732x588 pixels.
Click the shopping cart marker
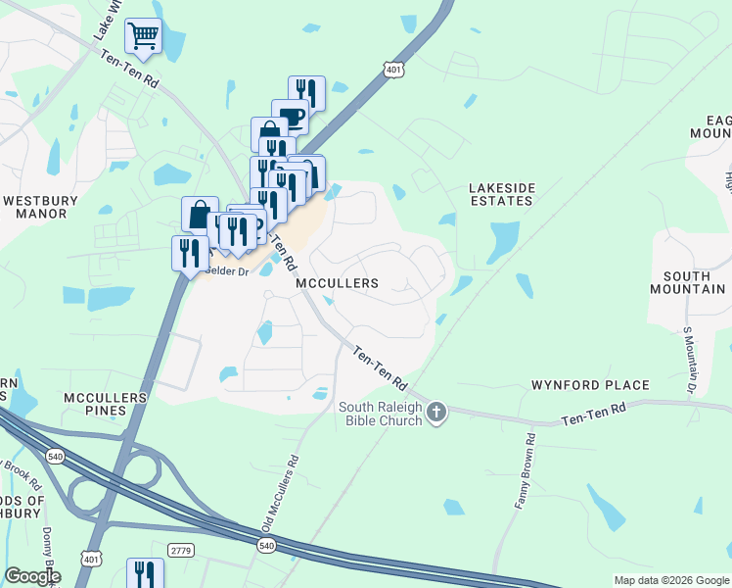(144, 37)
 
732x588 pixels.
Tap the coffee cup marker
(291, 118)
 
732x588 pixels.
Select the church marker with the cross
(436, 414)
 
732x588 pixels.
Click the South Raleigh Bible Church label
(381, 414)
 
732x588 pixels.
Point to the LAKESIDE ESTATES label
(500, 193)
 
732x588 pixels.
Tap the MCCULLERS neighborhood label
(337, 283)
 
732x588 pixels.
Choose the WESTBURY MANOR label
(40, 206)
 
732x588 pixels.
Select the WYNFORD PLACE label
(590, 385)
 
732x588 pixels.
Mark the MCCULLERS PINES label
(105, 404)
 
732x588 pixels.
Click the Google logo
(32, 576)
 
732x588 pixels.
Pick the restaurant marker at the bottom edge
(145, 573)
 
